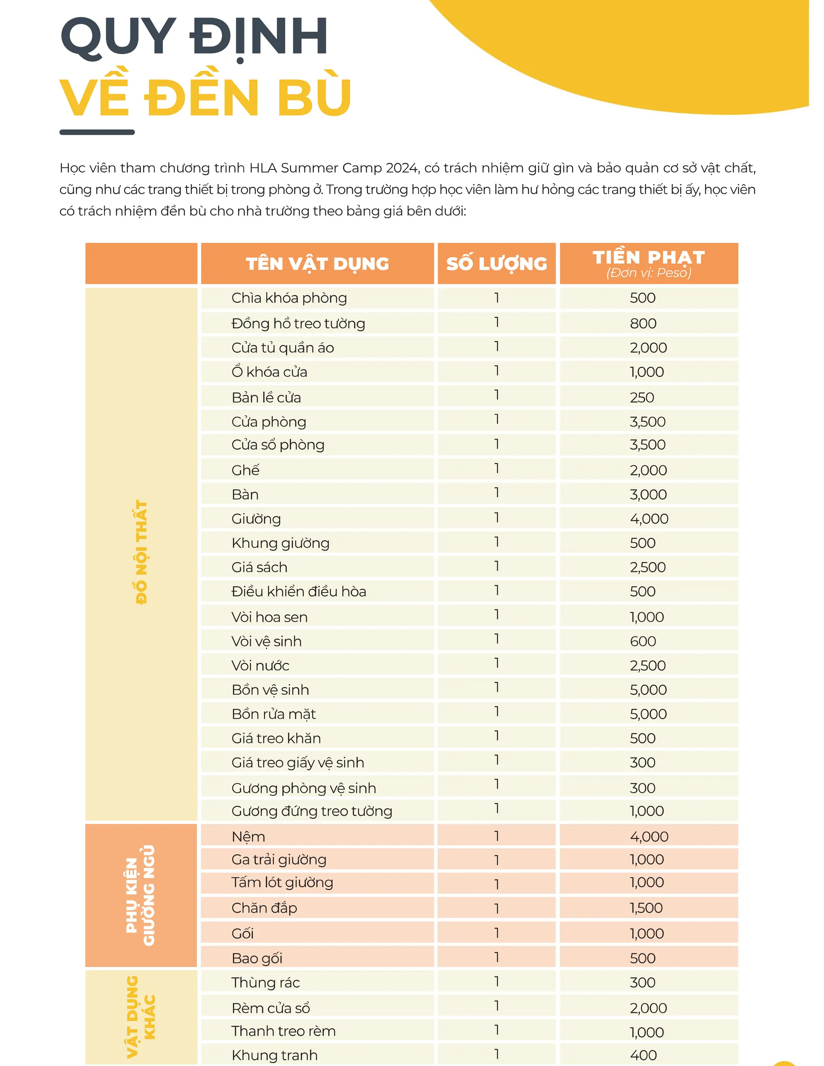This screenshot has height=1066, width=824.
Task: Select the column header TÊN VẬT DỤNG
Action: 317,263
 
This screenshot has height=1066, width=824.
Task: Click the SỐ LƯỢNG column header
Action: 496,263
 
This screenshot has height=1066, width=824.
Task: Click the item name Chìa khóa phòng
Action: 289,298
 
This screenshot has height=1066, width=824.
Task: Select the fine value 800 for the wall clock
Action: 643,323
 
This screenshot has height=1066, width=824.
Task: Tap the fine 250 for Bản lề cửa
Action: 641,397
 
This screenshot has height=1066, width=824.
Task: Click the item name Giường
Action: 256,519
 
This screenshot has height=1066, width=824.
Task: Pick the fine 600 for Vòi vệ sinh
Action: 643,641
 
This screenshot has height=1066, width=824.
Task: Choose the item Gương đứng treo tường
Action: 311,811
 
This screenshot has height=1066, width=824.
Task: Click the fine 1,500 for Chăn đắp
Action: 646,908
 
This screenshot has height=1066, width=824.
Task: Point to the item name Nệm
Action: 248,837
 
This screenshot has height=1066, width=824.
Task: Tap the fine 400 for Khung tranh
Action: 643,1055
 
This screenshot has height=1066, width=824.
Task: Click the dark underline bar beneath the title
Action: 97,132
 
